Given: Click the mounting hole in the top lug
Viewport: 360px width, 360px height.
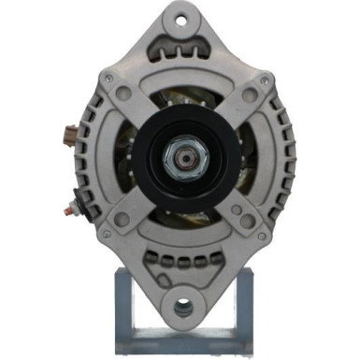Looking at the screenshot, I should click(180, 20).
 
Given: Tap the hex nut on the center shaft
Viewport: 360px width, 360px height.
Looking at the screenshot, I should click(180, 159).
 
